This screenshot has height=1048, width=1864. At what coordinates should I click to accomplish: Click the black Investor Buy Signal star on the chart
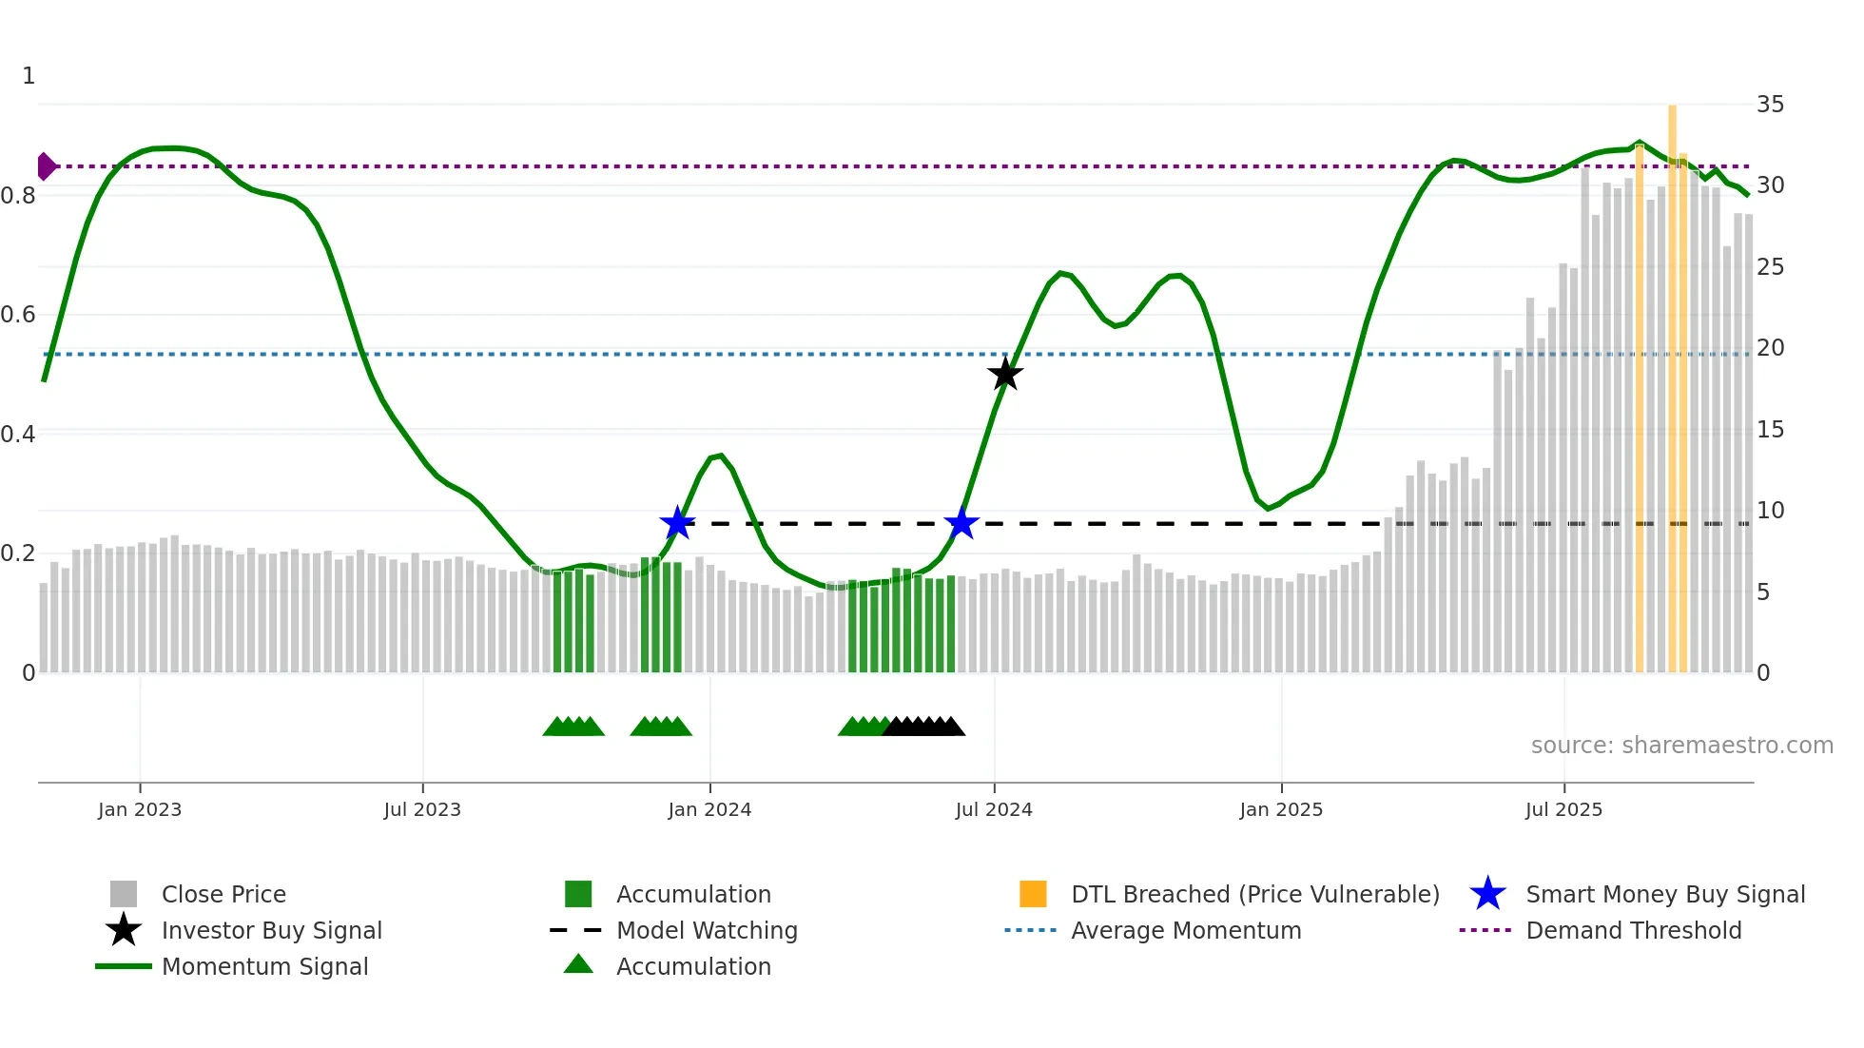pos(1005,374)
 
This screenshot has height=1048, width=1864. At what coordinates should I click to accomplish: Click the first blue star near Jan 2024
pos(677,523)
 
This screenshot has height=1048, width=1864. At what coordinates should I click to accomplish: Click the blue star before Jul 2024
pos(961,523)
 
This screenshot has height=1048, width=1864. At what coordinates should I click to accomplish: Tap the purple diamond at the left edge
pos(46,166)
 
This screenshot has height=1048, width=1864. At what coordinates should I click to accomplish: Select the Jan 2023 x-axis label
pos(140,809)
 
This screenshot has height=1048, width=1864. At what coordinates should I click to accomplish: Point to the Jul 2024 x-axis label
pos(994,809)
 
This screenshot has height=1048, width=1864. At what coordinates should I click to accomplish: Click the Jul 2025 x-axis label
pos(1563,809)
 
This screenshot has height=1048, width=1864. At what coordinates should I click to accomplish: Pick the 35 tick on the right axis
pos(1770,105)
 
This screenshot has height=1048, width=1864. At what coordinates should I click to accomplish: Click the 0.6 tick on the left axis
pos(18,315)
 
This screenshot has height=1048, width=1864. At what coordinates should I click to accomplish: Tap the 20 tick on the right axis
pos(1770,348)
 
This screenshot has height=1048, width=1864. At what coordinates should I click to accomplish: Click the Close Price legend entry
pos(223,894)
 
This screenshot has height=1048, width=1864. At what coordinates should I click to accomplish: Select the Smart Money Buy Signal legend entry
pos(1665,894)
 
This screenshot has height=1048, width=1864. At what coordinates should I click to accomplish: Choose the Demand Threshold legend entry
pos(1633,930)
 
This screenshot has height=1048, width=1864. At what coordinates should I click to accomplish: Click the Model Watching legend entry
pos(707,930)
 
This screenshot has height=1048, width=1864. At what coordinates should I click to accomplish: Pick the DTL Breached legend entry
pos(1254,894)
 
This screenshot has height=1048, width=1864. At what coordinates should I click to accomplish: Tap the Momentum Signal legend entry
pos(264,966)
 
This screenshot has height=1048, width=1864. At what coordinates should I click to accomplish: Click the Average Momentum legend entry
pos(1186,930)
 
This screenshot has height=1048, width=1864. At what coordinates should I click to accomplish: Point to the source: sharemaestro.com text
pos(1681,746)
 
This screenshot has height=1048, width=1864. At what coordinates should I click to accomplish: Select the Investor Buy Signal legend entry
pos(271,930)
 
